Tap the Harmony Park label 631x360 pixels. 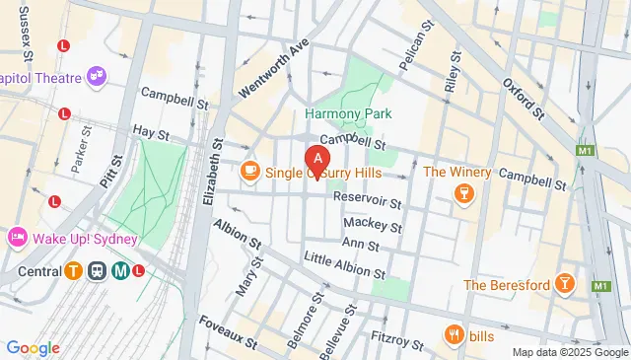pyautogui.click(x=348, y=113)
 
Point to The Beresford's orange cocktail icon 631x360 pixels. pyautogui.click(x=564, y=285)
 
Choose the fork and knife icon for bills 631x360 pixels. pyautogui.click(x=455, y=335)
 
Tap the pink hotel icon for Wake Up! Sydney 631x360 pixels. pyautogui.click(x=17, y=238)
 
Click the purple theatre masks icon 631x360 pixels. pyautogui.click(x=96, y=74)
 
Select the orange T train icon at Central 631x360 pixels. pyautogui.click(x=73, y=271)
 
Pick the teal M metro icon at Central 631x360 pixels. pyautogui.click(x=120, y=271)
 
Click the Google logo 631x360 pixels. pyautogui.click(x=33, y=347)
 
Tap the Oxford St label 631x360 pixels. pyautogui.click(x=523, y=100)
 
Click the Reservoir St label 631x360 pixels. pyautogui.click(x=368, y=200)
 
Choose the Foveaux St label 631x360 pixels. pyautogui.click(x=228, y=332)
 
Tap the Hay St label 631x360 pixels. pyautogui.click(x=152, y=131)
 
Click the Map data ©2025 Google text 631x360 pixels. pyautogui.click(x=569, y=352)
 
